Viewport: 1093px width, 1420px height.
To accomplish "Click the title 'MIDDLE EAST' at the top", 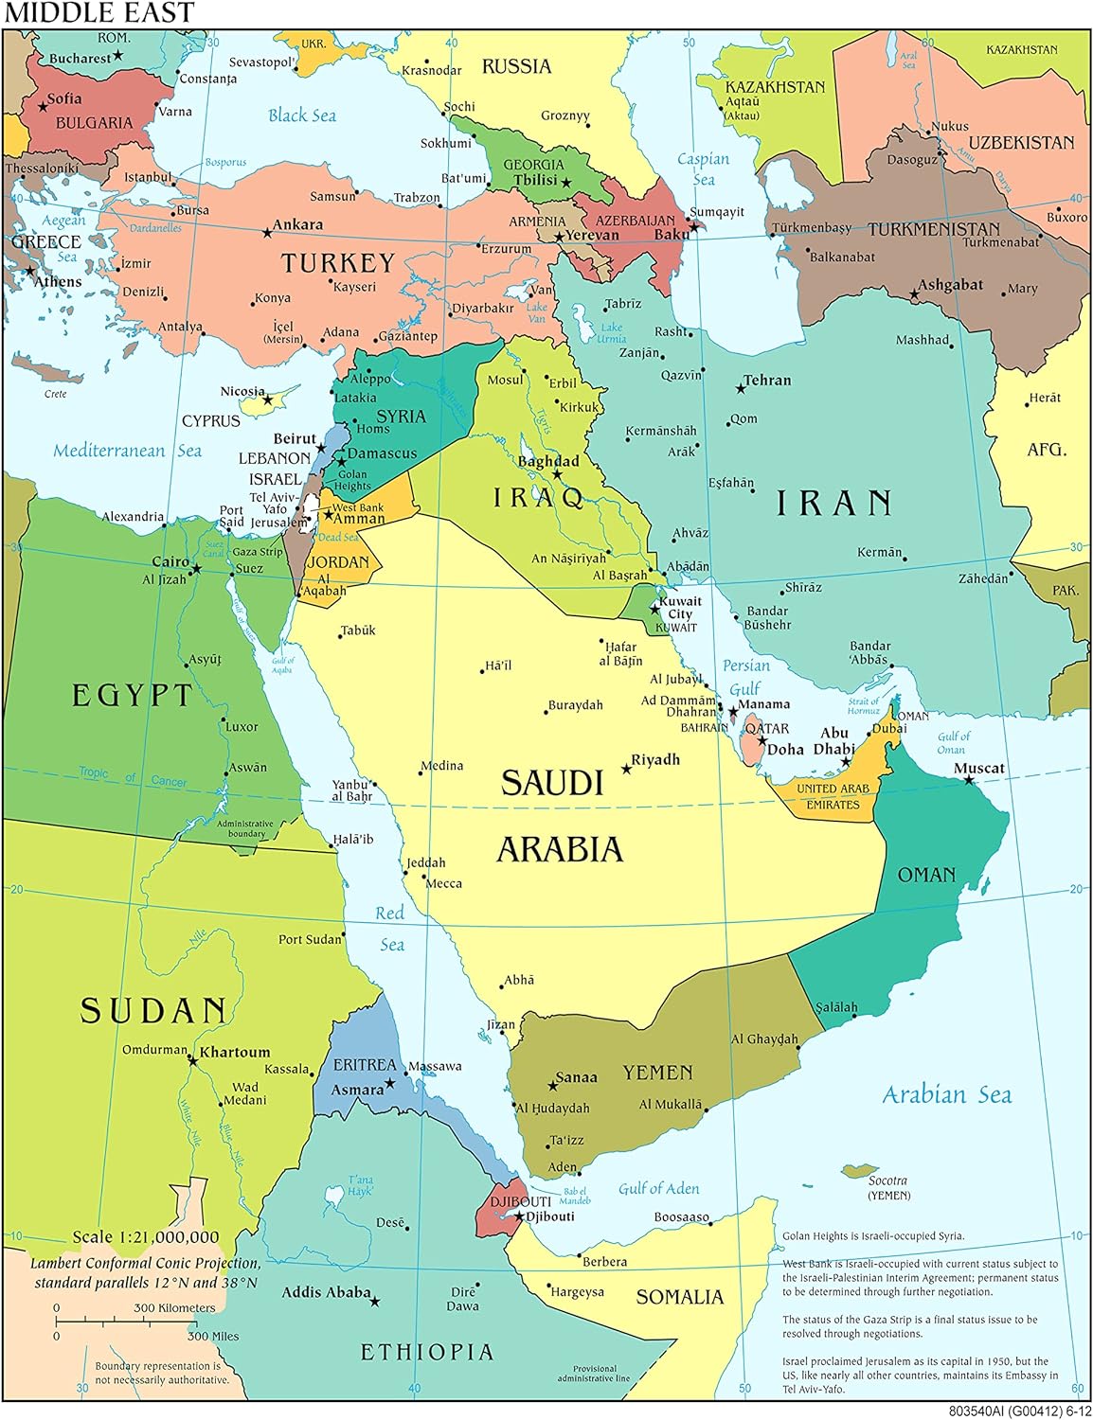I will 99,12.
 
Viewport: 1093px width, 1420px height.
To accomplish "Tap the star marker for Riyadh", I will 626,769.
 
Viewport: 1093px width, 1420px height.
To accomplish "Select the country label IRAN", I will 834,504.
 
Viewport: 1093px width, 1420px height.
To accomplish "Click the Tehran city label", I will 767,380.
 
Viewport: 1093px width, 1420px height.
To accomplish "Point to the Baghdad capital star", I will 557,474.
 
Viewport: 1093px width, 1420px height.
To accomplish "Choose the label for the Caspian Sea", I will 703,169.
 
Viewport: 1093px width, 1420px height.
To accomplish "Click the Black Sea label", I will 302,115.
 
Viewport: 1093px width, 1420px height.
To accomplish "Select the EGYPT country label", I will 133,696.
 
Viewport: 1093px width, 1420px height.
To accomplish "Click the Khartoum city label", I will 235,1052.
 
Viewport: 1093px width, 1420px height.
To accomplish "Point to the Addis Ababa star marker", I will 374,1302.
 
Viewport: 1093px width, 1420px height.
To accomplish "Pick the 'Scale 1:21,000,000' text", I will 146,1236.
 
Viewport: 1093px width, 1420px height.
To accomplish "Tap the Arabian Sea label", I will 946,1095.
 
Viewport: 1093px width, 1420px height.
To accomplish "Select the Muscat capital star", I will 968,780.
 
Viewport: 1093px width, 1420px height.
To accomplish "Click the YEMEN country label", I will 657,1073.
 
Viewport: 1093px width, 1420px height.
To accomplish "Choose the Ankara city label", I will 297,224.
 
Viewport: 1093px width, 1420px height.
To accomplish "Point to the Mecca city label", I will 444,883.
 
